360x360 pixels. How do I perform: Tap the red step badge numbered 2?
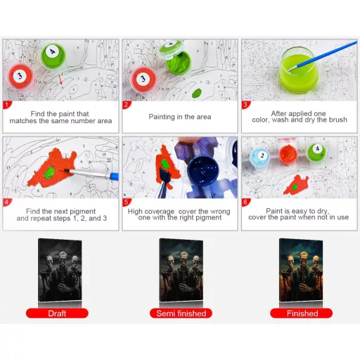127,105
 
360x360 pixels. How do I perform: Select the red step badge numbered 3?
246,105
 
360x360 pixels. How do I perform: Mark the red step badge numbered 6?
246,202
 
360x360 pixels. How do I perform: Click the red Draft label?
58,313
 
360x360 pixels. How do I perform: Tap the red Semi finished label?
180,313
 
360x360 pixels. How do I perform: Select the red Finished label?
302,313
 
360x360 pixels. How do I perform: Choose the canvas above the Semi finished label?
181,270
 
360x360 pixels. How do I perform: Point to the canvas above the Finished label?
302,270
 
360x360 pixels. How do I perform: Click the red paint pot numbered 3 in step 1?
20,75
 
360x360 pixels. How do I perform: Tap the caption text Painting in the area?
180,117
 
